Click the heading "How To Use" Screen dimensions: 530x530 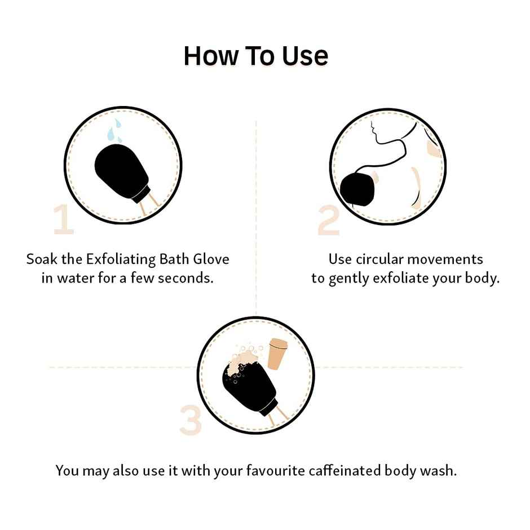[255, 56]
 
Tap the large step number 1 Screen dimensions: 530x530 [64, 219]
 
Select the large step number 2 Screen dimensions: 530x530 [328, 221]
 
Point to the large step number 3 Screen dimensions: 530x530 [191, 420]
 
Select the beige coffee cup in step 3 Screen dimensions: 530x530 [277, 354]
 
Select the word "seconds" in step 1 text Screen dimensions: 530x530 [188, 279]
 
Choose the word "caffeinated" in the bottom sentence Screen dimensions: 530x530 [336, 470]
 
